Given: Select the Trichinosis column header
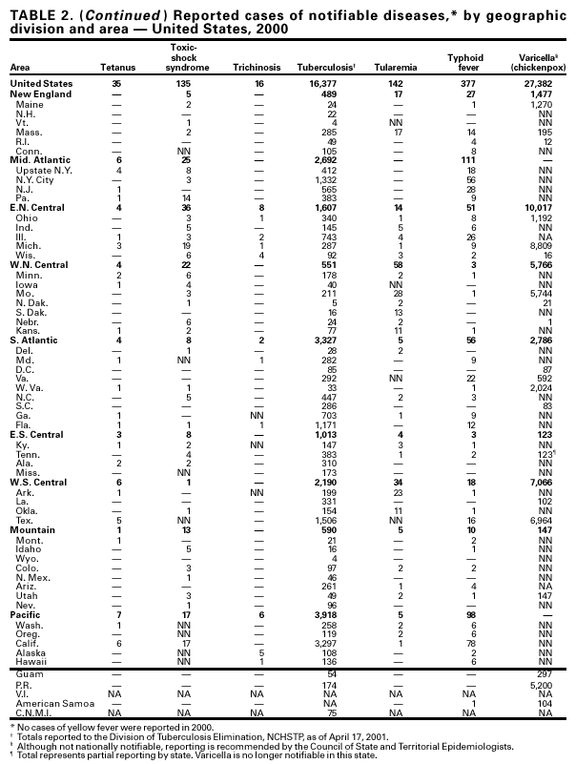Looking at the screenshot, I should [256, 69].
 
